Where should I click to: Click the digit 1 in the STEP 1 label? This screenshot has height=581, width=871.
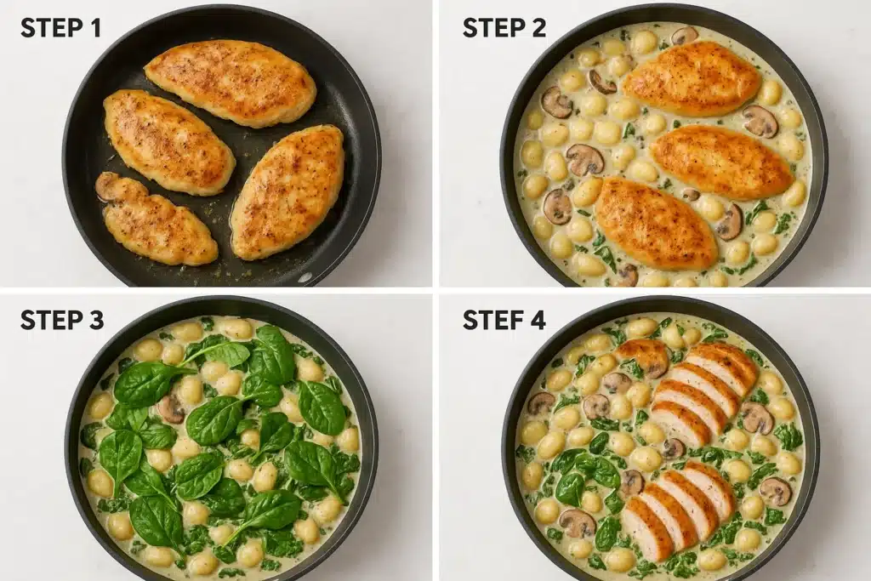pyautogui.click(x=94, y=27)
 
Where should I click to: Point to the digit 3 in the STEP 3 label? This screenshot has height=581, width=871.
pyautogui.click(x=95, y=320)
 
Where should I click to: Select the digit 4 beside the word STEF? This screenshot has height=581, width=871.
pyautogui.click(x=538, y=320)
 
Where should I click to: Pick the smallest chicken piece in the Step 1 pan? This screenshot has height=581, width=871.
pyautogui.click(x=155, y=219)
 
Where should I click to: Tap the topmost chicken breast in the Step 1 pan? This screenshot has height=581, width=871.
pyautogui.click(x=230, y=82)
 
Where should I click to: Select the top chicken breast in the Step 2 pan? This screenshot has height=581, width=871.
pyautogui.click(x=691, y=78)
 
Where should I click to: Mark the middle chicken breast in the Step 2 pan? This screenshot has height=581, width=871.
pyautogui.click(x=721, y=162)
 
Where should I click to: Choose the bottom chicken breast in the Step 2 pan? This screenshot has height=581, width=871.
pyautogui.click(x=655, y=223)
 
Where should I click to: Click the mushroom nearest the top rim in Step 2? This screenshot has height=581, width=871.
pyautogui.click(x=684, y=36)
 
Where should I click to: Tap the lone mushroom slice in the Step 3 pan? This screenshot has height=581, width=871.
pyautogui.click(x=171, y=409)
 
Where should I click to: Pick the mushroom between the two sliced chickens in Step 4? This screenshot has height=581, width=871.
pyautogui.click(x=674, y=448)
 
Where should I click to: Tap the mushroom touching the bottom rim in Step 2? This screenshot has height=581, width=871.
pyautogui.click(x=627, y=274)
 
